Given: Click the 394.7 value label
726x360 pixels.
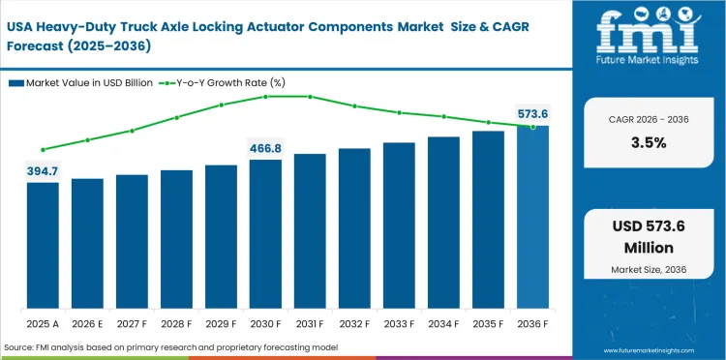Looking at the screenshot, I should (x=43, y=171).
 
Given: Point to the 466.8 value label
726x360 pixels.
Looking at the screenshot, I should (x=265, y=148).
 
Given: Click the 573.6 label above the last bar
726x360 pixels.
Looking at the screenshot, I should (x=532, y=114).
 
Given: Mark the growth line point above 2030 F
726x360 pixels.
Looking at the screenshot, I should (x=265, y=97).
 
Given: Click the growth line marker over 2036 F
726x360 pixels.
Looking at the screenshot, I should (x=532, y=127).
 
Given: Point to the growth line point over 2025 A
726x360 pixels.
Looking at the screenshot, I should (x=43, y=150).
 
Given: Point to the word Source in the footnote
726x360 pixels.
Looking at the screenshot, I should (x=20, y=346).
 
